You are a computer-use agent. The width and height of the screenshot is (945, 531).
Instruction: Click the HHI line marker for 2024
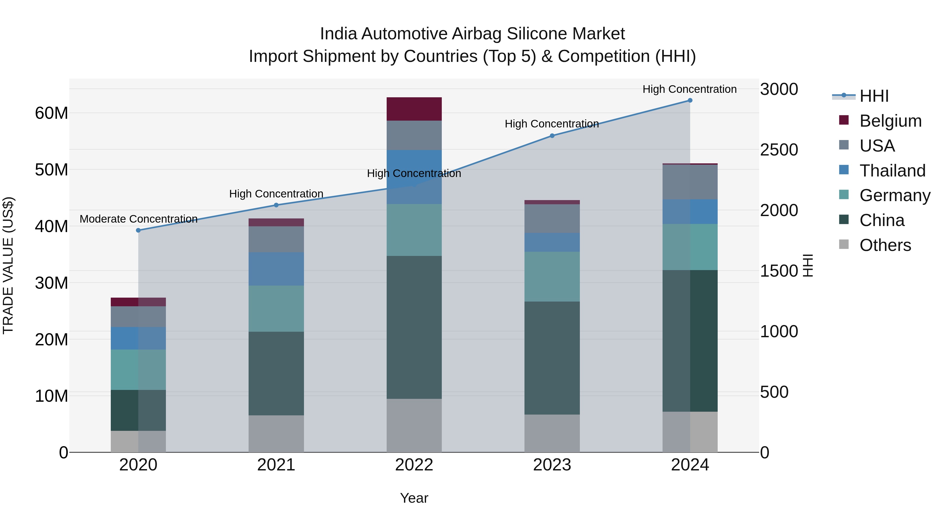690,100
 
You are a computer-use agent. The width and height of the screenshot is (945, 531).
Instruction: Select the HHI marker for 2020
138,230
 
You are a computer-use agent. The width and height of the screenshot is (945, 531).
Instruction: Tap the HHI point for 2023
552,136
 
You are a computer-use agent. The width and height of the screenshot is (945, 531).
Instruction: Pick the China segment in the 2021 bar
276,373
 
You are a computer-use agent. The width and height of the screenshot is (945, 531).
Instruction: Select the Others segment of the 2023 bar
552,433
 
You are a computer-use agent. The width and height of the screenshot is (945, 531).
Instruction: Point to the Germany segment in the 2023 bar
552,276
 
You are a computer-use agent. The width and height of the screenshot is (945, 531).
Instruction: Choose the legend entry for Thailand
892,171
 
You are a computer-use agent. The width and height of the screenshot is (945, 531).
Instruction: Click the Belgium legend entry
890,121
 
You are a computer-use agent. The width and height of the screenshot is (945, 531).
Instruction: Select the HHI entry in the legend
874,96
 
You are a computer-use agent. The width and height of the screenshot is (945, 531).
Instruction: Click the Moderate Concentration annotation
138,219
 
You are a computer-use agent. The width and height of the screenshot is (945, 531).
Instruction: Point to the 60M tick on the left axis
51,113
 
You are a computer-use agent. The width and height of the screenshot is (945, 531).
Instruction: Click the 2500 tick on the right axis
779,150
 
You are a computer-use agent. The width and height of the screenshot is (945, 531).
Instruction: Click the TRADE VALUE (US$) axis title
8,265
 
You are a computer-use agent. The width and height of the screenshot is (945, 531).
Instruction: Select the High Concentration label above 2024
689,89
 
